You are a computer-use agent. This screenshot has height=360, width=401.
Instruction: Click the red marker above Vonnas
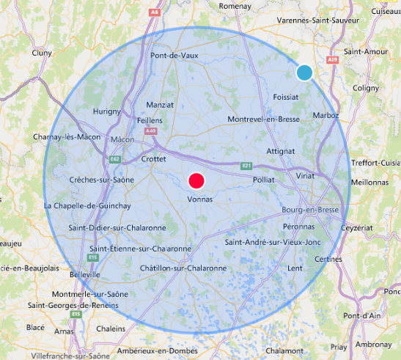click(196, 180)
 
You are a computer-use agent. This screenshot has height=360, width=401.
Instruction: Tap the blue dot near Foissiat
click(304, 73)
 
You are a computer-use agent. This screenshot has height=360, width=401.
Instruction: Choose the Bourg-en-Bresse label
click(309, 210)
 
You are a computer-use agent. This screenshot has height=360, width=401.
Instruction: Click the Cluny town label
click(42, 53)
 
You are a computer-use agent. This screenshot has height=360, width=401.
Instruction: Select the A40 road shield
click(151, 131)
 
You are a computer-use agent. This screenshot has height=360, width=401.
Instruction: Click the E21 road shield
click(247, 166)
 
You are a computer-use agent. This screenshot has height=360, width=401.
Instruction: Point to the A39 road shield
click(334, 59)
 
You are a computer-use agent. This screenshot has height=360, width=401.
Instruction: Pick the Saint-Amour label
click(361, 52)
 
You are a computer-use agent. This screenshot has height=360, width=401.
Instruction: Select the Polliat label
click(263, 180)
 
